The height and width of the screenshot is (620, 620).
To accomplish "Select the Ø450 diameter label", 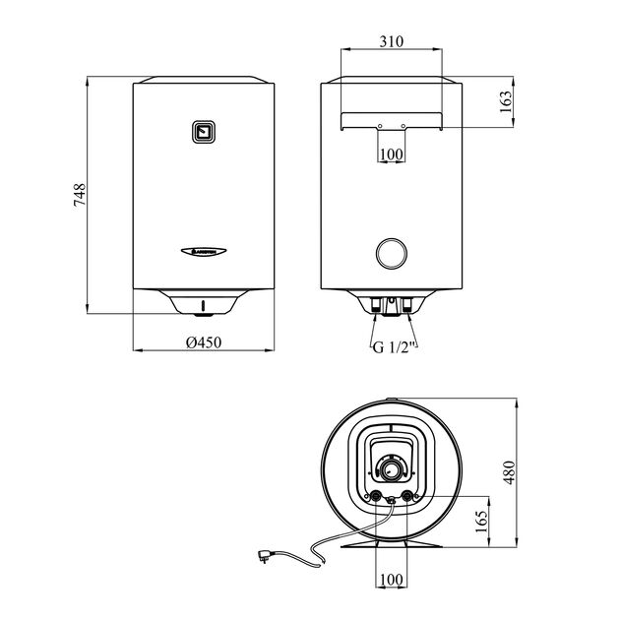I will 201,342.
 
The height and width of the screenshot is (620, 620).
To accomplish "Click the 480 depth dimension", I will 507,473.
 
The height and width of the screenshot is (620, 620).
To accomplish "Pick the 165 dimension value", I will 479,519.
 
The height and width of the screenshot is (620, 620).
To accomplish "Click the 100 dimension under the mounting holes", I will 391,155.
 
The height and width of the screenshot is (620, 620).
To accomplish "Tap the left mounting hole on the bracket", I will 380,126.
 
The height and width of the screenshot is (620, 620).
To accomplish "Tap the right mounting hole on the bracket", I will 403,126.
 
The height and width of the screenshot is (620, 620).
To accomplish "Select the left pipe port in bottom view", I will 375,496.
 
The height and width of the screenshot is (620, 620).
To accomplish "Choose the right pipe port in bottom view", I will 407,496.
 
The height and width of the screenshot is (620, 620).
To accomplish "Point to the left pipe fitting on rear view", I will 378,304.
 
